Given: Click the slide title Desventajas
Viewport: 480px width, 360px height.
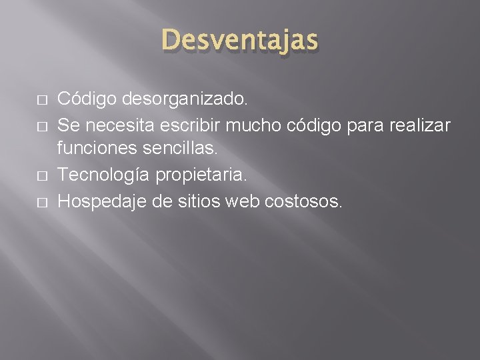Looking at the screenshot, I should tap(240, 41).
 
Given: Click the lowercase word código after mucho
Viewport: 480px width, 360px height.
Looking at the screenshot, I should tap(314, 125).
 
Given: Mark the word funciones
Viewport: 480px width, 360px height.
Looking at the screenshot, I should tap(99, 150).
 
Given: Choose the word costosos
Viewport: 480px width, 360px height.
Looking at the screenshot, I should tap(297, 201).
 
